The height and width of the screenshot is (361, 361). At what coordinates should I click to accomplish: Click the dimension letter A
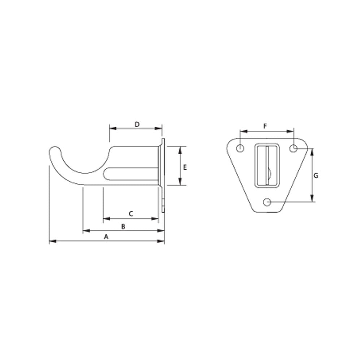pyautogui.click(x=106, y=237)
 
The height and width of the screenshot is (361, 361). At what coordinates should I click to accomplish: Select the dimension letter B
pyautogui.click(x=123, y=227)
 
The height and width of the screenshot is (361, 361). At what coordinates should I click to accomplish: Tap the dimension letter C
pyautogui.click(x=131, y=214)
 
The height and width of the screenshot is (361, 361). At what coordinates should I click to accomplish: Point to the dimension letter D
pyautogui.click(x=137, y=125)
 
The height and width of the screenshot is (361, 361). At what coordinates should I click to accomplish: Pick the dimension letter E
pyautogui.click(x=185, y=167)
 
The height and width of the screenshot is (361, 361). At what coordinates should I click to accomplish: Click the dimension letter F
pyautogui.click(x=265, y=126)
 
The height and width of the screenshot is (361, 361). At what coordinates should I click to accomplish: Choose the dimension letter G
pyautogui.click(x=316, y=176)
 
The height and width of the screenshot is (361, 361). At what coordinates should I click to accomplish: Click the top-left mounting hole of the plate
pyautogui.click(x=240, y=148)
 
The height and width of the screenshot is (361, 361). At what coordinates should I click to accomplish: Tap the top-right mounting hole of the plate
pyautogui.click(x=294, y=148)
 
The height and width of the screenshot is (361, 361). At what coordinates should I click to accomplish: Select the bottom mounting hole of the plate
pyautogui.click(x=267, y=202)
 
